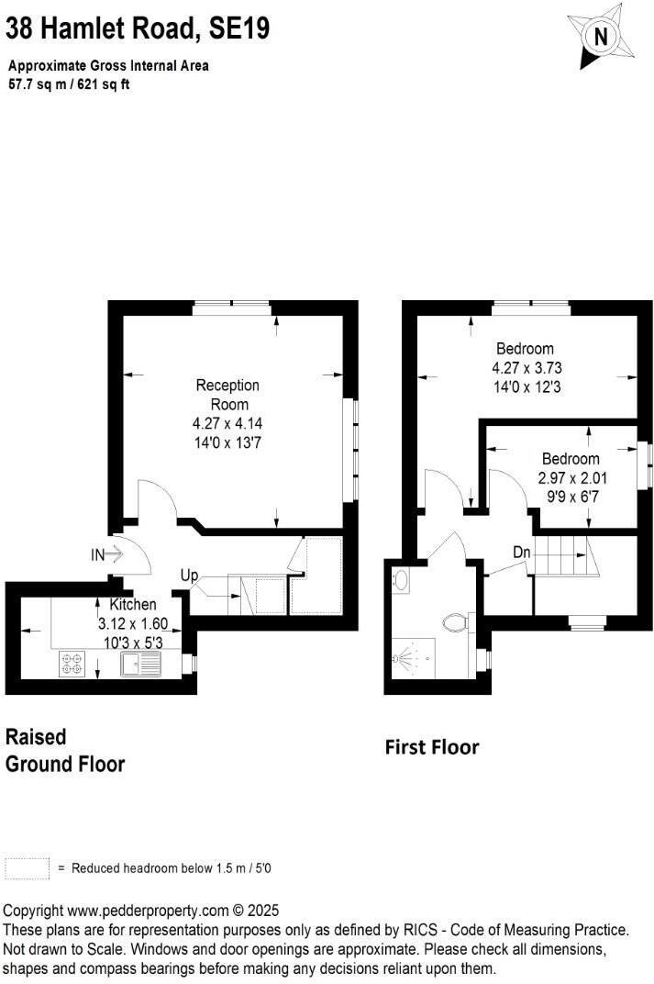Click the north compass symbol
coord(601,37)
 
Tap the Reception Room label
coord(227,395)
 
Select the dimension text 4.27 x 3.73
coord(525,368)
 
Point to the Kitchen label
coord(133,605)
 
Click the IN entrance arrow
coord(106,554)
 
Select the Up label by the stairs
coord(189,576)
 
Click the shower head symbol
coord(407,658)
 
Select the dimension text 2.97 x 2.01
coord(572,478)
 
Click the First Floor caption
coord(431,747)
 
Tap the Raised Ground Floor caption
coord(65,750)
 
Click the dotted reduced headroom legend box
coord(27,868)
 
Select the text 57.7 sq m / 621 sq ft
coord(69,84)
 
